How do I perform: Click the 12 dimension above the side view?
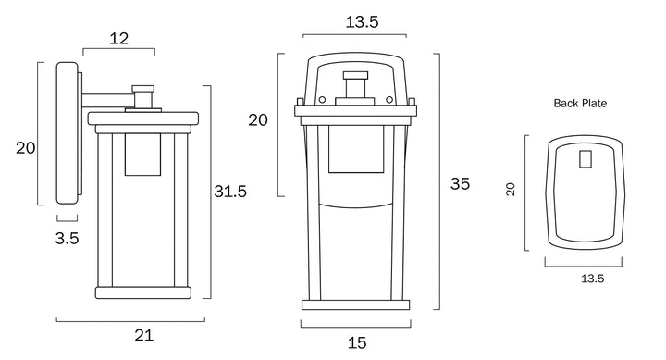[119, 39]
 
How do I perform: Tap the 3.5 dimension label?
[68, 239]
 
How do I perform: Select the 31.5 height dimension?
[230, 192]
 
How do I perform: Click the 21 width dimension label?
[143, 335]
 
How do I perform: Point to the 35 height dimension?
[460, 183]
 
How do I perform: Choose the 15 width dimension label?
[357, 342]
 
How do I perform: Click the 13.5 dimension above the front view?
[362, 21]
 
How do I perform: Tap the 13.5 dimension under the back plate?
[593, 279]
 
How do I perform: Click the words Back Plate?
[580, 104]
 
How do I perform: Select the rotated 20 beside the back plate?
[510, 189]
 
